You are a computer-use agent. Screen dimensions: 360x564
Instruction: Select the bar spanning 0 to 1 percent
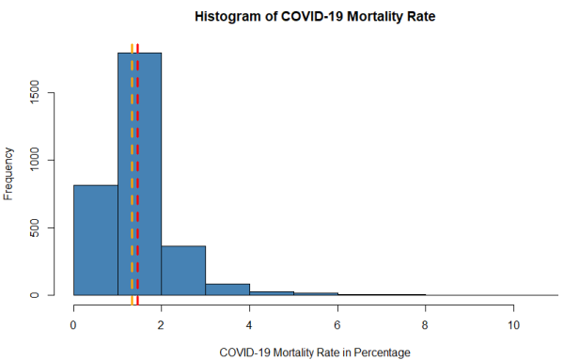tap(95, 240)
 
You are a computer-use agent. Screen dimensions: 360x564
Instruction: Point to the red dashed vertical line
tap(138, 169)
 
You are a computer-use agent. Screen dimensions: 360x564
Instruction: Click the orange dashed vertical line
tap(133, 169)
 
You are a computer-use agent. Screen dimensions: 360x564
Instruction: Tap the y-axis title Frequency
tap(9, 173)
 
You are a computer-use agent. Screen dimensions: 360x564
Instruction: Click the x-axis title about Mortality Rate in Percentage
tap(315, 352)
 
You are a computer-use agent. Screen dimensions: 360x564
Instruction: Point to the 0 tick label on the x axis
tap(73, 325)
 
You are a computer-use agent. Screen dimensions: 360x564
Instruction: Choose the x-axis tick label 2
tap(161, 325)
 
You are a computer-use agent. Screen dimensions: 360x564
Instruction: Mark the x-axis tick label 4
tap(249, 325)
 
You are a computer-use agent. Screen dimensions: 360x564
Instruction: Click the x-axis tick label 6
tap(337, 325)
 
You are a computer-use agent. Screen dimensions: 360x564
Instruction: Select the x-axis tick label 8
tap(425, 325)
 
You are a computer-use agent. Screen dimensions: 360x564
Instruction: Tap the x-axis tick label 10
tap(513, 325)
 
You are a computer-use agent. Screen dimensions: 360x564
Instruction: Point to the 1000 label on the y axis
tap(37, 161)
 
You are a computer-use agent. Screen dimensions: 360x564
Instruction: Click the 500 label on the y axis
tap(37, 227)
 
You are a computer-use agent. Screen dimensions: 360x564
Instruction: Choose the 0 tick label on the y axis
tap(37, 295)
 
